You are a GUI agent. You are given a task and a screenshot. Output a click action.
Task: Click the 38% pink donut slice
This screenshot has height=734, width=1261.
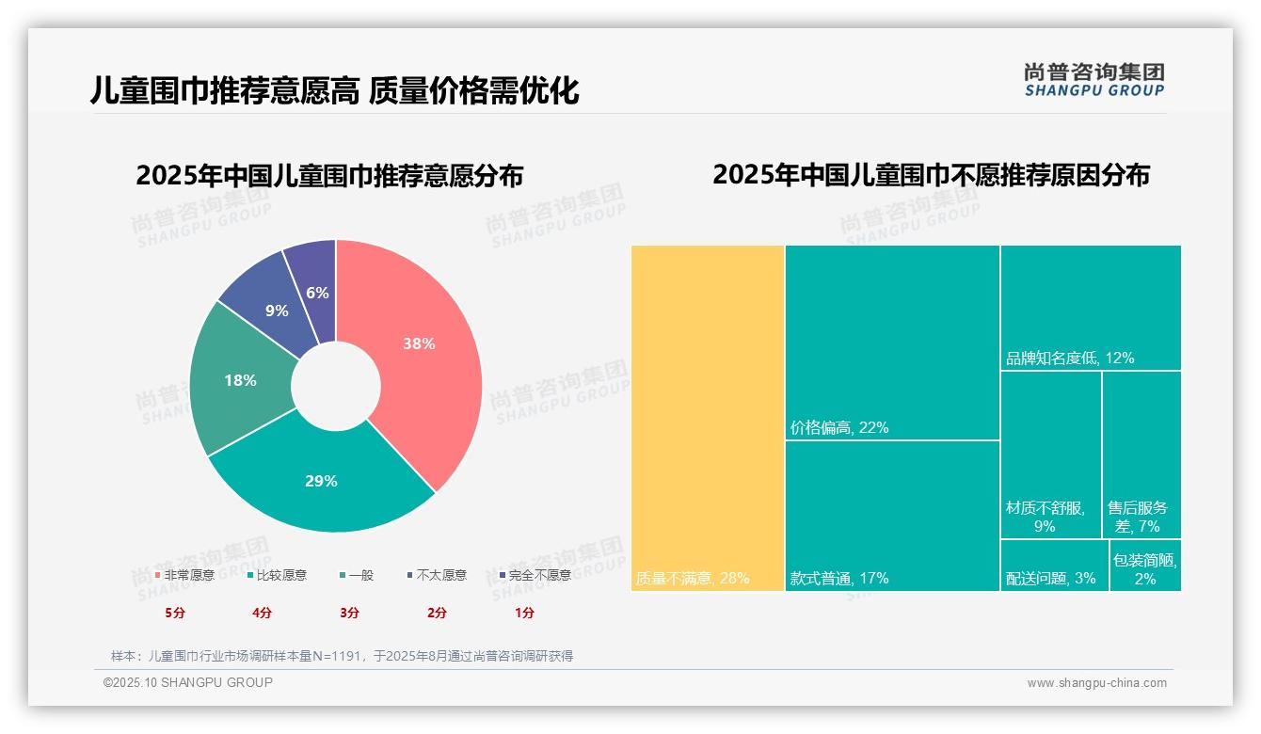coord(419,344)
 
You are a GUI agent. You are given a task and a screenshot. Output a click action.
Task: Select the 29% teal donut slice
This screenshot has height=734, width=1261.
coord(321,481)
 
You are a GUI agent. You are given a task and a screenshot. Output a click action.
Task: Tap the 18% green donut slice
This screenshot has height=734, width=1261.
coord(240,380)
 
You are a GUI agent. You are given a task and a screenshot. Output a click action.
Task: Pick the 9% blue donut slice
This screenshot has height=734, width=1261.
coord(276,310)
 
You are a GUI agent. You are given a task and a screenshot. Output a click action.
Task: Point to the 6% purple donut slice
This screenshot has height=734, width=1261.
coord(317,293)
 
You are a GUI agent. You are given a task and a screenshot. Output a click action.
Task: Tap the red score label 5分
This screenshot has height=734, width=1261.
coord(175,613)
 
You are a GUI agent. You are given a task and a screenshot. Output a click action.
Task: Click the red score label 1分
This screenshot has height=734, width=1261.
coord(524,613)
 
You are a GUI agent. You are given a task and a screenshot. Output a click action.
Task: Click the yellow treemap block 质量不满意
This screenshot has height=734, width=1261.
coord(708,418)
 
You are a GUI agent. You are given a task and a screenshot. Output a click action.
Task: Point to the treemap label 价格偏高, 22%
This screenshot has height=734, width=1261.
coord(839,427)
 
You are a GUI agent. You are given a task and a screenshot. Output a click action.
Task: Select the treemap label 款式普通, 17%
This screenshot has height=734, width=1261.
coord(839,578)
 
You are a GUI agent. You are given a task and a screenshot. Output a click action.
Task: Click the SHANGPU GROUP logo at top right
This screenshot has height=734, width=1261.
coord(1093,80)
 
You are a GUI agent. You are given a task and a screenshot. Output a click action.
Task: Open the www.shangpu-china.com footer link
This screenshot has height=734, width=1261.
coord(1096,683)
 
